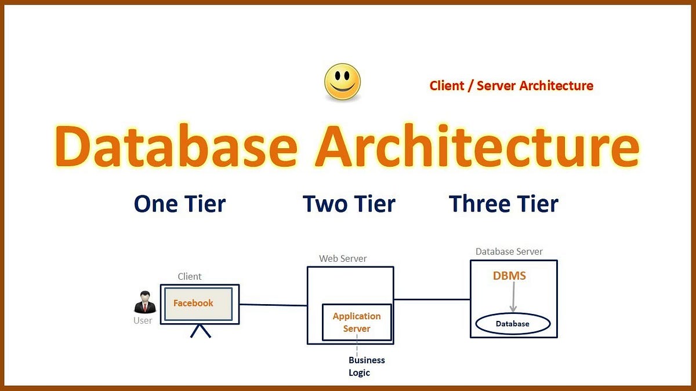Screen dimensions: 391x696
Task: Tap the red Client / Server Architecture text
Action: (x=511, y=86)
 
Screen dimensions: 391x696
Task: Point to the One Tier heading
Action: (x=180, y=204)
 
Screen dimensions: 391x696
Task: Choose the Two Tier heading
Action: (x=349, y=204)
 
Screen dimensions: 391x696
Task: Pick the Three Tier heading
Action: (x=503, y=204)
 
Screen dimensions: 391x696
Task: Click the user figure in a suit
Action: (x=144, y=302)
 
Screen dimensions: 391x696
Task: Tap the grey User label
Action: (x=143, y=320)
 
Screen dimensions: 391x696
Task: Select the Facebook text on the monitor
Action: (x=193, y=303)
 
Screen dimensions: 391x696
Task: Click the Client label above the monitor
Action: (x=190, y=277)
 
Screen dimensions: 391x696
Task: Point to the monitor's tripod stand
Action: (x=201, y=331)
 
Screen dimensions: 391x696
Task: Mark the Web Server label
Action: (x=343, y=258)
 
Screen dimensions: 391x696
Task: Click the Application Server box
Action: (x=357, y=322)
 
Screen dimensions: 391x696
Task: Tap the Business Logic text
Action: (x=366, y=366)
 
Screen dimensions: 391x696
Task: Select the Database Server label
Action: (x=509, y=251)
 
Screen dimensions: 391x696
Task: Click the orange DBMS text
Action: (x=509, y=276)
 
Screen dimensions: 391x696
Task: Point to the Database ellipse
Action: (x=512, y=324)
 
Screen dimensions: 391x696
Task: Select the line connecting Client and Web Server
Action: (x=273, y=305)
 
